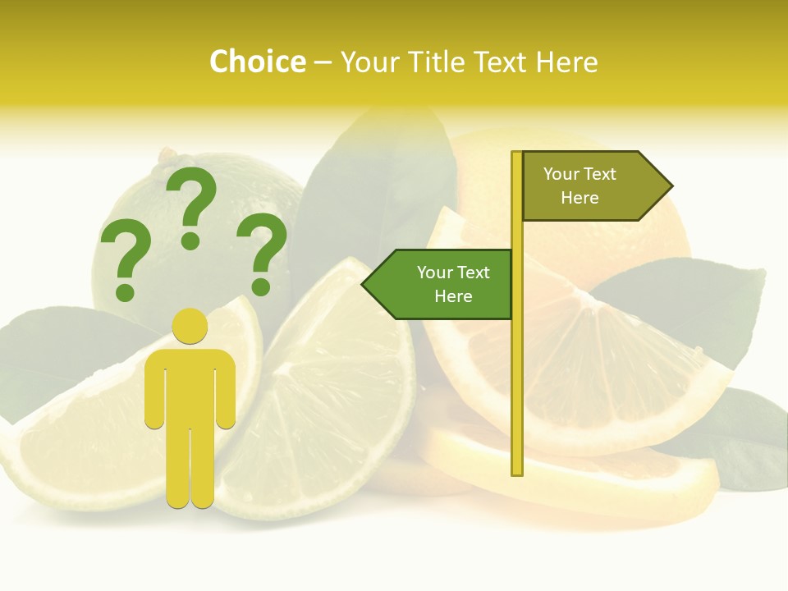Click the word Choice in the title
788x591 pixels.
click(x=257, y=62)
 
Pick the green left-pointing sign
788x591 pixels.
click(x=443, y=284)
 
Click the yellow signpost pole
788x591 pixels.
click(x=517, y=369)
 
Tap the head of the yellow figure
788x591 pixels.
click(x=190, y=326)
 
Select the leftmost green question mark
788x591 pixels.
click(x=125, y=259)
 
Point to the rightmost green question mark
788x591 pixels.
click(x=263, y=253)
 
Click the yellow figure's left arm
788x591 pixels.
click(x=154, y=390)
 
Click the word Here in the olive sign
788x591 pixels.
click(x=580, y=198)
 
